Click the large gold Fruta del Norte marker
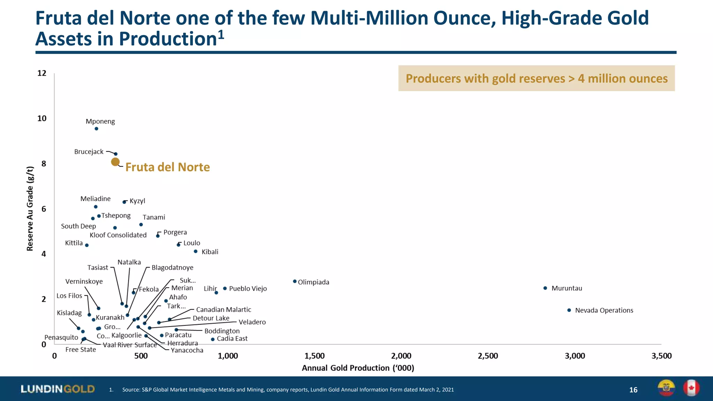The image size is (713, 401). click(115, 162)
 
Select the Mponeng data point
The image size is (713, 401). click(96, 129)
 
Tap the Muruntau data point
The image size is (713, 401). click(545, 288)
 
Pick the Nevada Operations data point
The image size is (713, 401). click(569, 310)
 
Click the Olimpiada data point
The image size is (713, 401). click(295, 281)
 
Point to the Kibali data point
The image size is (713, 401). click(196, 251)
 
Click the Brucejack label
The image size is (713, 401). click(89, 152)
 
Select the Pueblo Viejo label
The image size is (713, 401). click(248, 289)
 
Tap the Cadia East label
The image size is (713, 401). click(232, 339)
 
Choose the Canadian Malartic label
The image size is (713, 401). click(224, 309)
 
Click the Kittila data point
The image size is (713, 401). click(87, 245)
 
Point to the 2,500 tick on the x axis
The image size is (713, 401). click(488, 356)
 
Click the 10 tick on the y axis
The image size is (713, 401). click(42, 118)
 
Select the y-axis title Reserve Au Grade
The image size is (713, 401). click(30, 209)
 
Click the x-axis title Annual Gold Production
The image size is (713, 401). click(358, 368)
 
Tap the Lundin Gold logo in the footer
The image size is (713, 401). click(58, 389)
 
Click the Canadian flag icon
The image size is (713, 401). click(691, 388)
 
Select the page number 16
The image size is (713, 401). click(633, 390)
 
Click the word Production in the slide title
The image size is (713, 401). click(168, 39)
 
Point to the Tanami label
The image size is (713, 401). click(154, 217)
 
